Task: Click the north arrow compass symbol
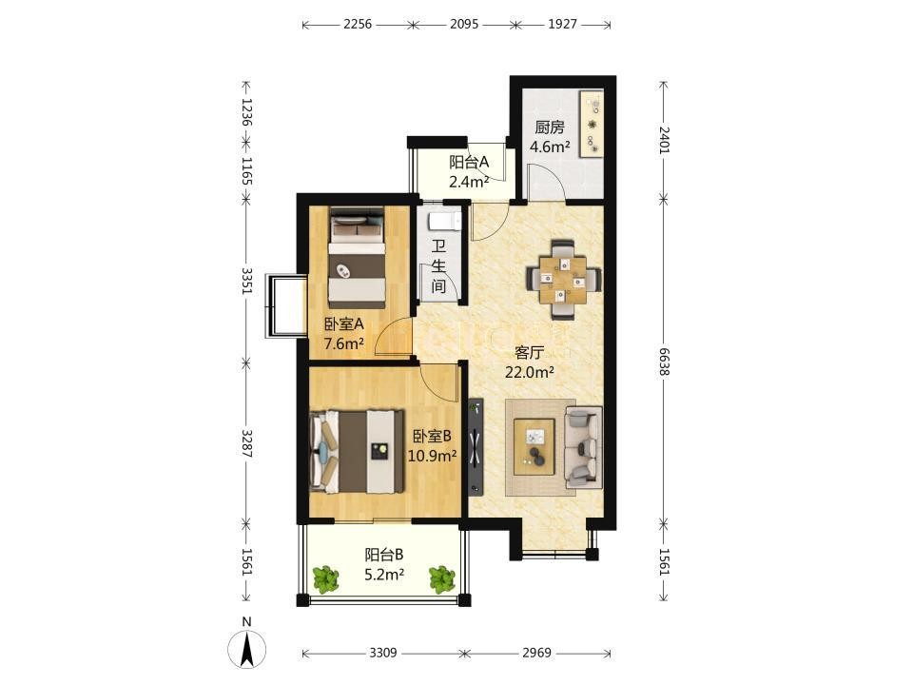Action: coord(247,648)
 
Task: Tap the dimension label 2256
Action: coord(358,24)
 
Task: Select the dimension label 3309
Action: coord(383,653)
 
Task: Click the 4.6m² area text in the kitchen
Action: coord(549,147)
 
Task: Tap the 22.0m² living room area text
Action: coord(530,372)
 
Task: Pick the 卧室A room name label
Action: coord(343,323)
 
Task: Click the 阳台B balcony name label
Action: coord(384,555)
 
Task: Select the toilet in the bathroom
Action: coord(445,221)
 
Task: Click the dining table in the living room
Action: coord(563,280)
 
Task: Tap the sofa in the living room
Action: coord(583,447)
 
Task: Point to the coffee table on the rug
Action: coord(534,447)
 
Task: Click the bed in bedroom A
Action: coord(358,258)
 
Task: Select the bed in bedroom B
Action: coord(357,452)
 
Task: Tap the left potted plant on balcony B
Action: coord(326,579)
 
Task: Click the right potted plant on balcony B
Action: coord(442,579)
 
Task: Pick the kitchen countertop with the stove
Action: coord(591,124)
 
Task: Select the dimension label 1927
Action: coord(562,24)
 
